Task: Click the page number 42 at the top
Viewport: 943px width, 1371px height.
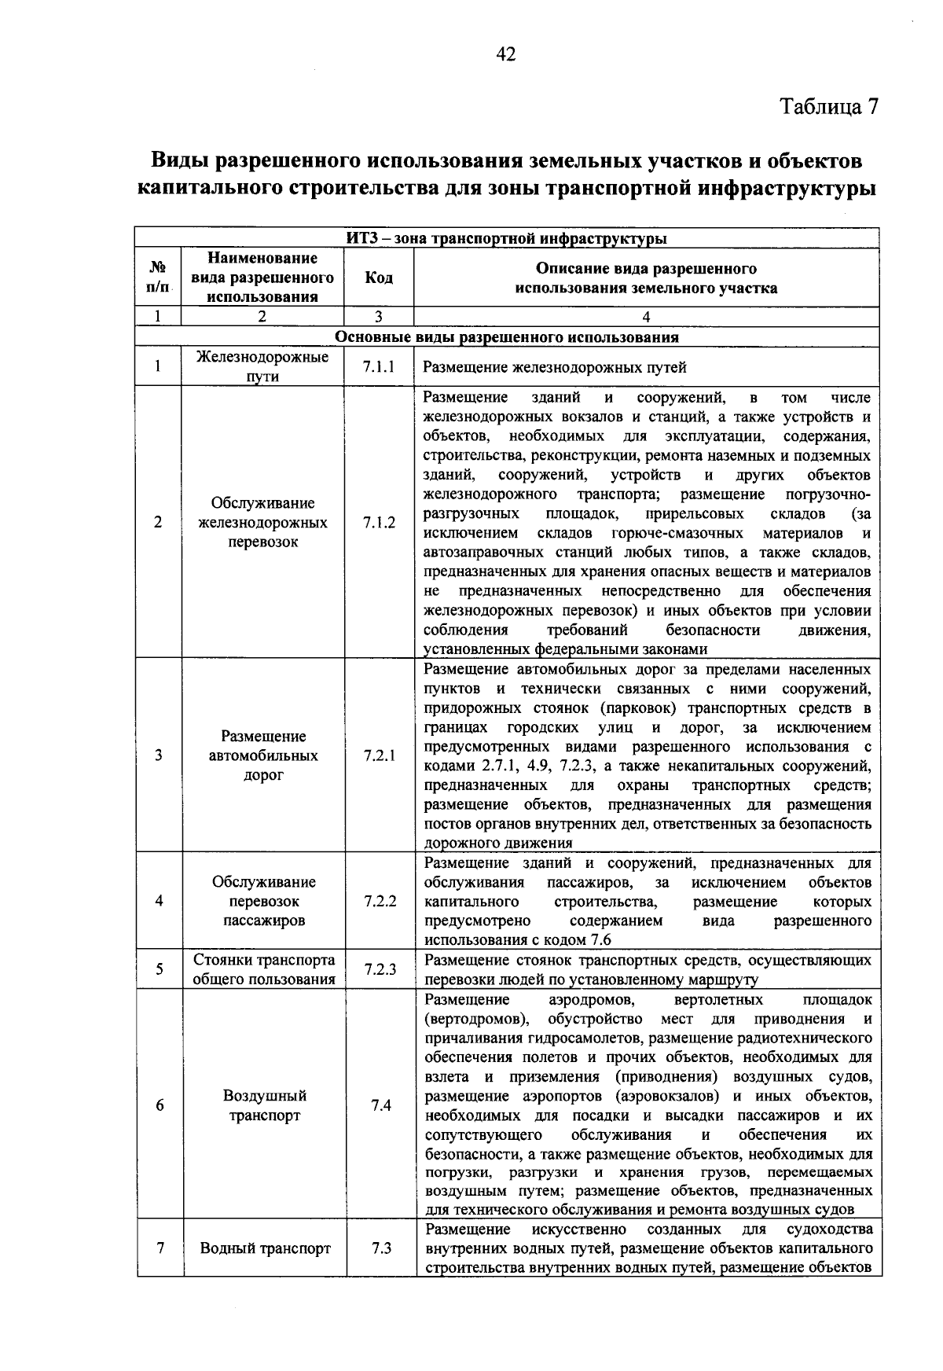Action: [505, 53]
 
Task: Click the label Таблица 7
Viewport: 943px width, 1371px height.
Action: [827, 106]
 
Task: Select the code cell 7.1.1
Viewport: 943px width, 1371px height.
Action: [379, 366]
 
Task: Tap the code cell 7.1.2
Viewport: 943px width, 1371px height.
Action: [379, 523]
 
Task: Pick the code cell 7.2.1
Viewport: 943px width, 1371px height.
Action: [379, 755]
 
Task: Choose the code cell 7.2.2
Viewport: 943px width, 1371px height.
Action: [379, 901]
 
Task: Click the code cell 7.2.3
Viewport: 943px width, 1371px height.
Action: [379, 969]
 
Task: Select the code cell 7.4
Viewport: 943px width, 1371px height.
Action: [381, 1105]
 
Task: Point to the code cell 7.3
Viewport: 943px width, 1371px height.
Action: [381, 1248]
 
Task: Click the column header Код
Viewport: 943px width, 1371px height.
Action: [379, 278]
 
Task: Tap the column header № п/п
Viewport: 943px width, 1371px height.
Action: [158, 278]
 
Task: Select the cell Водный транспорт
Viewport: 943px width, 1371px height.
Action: [265, 1248]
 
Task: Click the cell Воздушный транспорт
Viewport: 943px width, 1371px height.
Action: [265, 1105]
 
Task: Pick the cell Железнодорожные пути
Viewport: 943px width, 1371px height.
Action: [262, 366]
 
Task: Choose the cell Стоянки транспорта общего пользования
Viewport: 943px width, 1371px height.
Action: [264, 969]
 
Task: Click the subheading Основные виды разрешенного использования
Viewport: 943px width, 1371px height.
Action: [507, 337]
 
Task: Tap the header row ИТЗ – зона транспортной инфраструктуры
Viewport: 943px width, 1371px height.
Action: [507, 237]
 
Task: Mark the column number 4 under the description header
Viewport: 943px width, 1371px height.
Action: [646, 317]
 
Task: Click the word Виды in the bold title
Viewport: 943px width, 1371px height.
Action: [179, 161]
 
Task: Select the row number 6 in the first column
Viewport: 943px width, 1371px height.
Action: [160, 1105]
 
